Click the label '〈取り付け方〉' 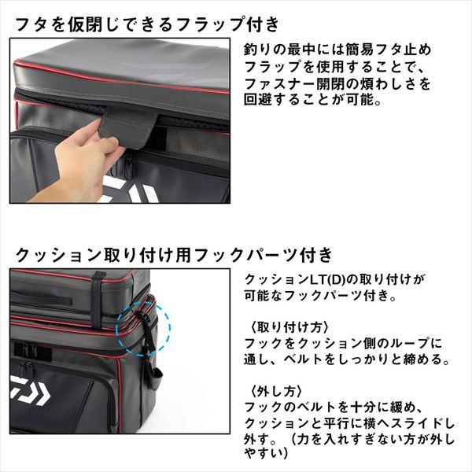287,326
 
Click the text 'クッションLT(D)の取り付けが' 334,280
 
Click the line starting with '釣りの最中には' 334,49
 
